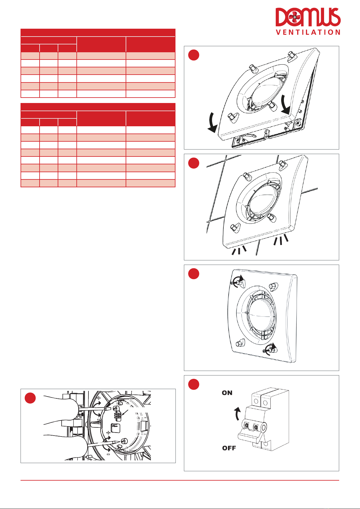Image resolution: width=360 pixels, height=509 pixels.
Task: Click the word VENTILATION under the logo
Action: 308,32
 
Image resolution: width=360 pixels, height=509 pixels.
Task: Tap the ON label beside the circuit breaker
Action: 227,393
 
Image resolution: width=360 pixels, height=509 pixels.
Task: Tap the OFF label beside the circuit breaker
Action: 229,448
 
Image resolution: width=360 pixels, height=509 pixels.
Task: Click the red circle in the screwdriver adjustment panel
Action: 30,398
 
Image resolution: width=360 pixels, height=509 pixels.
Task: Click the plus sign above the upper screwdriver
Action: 99,398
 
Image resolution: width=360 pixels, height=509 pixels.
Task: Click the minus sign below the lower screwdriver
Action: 108,454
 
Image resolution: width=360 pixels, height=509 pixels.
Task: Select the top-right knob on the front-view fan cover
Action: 272,286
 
